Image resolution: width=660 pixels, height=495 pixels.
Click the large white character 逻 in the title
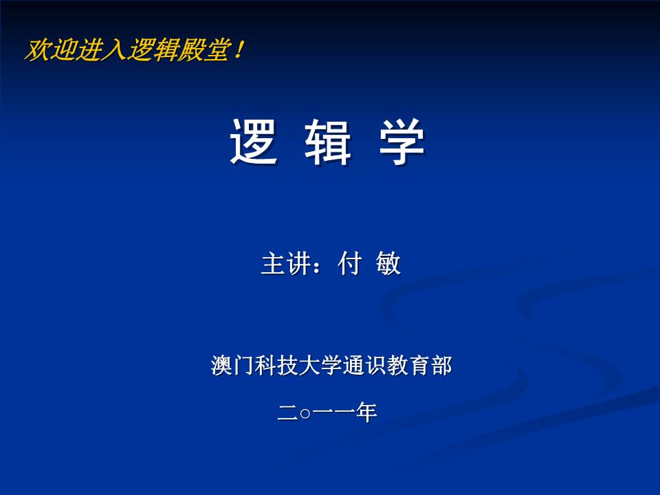pos(254,141)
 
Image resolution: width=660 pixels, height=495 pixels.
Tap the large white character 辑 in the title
pos(328,141)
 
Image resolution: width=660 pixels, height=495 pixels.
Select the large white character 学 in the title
pos(402,141)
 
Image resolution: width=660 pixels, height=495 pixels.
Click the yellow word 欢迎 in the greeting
pos(50,50)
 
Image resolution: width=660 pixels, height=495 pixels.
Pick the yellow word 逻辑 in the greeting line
pos(153,50)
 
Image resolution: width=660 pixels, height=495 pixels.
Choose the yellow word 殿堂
pos(203,50)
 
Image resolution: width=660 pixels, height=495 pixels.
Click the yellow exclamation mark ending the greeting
pos(239,50)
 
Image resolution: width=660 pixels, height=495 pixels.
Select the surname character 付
pos(349,264)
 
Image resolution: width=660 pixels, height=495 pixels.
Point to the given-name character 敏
pos(388,264)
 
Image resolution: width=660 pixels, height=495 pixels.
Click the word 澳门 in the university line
pos(233,365)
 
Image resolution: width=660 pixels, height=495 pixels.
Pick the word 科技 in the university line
pos(276,365)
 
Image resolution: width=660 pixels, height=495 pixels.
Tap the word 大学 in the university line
pos(320,365)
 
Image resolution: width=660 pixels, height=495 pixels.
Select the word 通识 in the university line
pos(364,365)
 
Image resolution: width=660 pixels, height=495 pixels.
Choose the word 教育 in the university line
pos(408,365)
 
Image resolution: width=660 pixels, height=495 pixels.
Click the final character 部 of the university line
pos(441,365)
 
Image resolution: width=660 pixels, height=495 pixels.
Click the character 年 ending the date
pos(366,412)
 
